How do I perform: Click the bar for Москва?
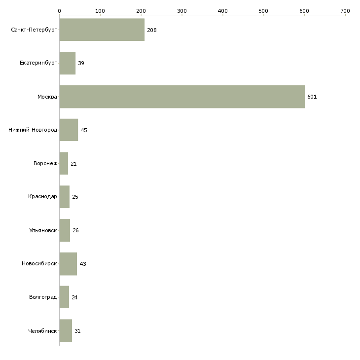pos(181,97)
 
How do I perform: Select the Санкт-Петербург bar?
pos(102,30)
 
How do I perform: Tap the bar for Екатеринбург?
pos(68,63)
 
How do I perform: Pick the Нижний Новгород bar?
pos(69,130)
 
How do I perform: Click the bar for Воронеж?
pos(64,164)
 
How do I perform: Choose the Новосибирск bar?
pos(68,264)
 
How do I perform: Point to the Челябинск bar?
pos(66,331)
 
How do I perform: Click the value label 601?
pos(312,97)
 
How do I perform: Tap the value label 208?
pos(151,30)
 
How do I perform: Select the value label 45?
pos(84,130)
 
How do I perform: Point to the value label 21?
pos(73,164)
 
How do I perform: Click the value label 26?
pos(75,230)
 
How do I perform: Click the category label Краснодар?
pos(42,197)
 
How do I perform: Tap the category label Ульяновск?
pos(43,230)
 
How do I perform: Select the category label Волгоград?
pos(42,297)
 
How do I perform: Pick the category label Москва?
pos(47,97)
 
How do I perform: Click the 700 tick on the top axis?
pos(345,10)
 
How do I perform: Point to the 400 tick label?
pos(222,10)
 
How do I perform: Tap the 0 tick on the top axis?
pos(59,10)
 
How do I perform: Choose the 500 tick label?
pos(263,10)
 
